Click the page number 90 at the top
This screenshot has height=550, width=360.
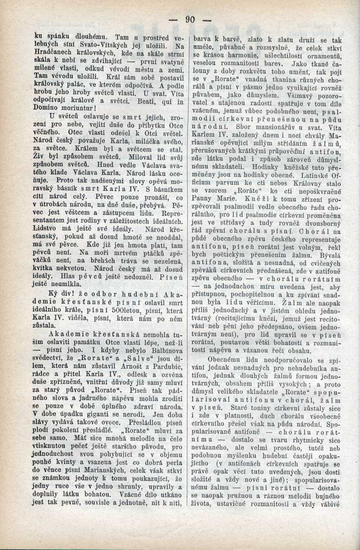(189, 19)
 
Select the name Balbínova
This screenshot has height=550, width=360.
(163, 339)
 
